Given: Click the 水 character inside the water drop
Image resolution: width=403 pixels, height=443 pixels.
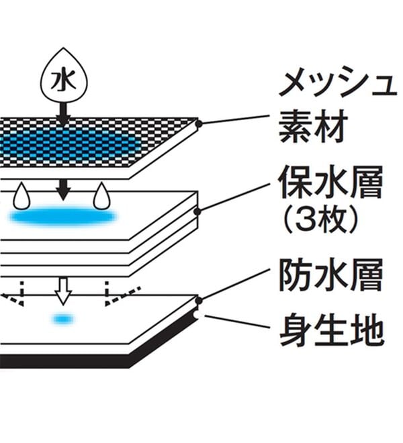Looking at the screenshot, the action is (x=64, y=81).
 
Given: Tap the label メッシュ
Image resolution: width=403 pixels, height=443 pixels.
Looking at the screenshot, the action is (x=338, y=85).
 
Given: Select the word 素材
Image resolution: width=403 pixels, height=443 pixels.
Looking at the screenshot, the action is (x=313, y=126).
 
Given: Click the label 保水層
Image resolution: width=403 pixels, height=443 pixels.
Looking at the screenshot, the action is (x=330, y=182).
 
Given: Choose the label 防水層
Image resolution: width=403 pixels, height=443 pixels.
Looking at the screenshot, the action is (x=330, y=275).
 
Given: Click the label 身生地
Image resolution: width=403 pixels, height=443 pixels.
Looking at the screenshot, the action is (x=332, y=329).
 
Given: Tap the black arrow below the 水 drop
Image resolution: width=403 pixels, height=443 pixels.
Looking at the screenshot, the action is (x=64, y=114).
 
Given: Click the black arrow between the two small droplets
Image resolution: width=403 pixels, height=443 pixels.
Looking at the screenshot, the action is (x=64, y=190).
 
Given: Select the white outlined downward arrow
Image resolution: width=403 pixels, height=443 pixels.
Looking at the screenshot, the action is (x=63, y=291).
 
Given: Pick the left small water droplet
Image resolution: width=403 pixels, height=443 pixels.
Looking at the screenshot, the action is (x=21, y=196).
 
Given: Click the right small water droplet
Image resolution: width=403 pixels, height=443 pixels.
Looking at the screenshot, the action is (x=101, y=196).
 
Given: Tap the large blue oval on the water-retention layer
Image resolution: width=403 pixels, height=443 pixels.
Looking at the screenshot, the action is (x=63, y=217).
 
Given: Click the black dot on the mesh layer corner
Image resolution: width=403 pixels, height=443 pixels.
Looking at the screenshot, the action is (x=199, y=124).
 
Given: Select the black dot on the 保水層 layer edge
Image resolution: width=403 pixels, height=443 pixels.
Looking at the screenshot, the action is (x=197, y=211).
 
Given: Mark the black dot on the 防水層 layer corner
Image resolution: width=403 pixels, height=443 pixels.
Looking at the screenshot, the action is (x=199, y=301).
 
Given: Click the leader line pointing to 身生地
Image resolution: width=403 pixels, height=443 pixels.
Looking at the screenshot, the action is (x=237, y=322).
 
